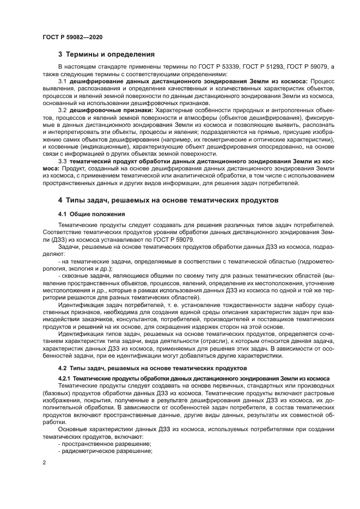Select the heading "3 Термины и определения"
pyautogui.click(x=106, y=54)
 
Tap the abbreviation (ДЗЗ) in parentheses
pyautogui.click(x=53, y=238)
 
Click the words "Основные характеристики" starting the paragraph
pyautogui.click(x=96, y=429)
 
